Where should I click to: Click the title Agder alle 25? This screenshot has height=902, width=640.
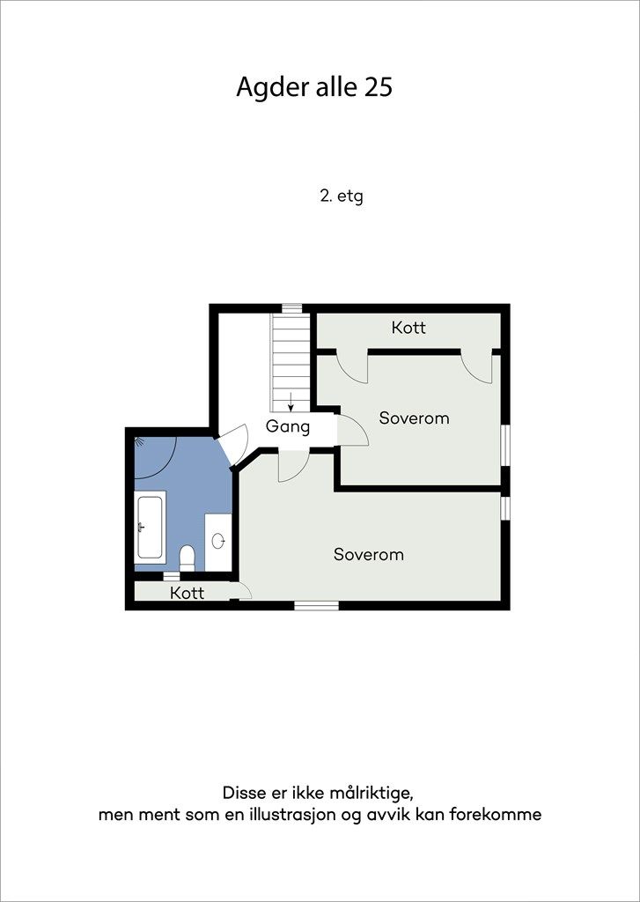(314, 87)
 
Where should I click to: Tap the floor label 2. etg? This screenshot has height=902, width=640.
(342, 196)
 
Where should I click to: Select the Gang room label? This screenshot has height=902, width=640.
(288, 427)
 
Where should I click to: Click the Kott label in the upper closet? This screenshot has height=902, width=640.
(408, 328)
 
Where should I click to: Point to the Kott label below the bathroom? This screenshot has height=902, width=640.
(188, 593)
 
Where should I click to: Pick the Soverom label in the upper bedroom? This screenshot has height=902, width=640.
(414, 418)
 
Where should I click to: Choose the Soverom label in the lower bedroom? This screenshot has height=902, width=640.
(369, 555)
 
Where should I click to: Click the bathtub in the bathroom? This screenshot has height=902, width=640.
(150, 527)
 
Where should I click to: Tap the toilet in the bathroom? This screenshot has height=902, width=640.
(187, 558)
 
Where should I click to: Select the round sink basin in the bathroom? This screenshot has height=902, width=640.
(218, 541)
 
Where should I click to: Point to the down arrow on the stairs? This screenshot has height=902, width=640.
(291, 402)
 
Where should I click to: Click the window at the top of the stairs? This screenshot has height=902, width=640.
(292, 308)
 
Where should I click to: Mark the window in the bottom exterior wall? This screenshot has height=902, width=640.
(316, 605)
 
